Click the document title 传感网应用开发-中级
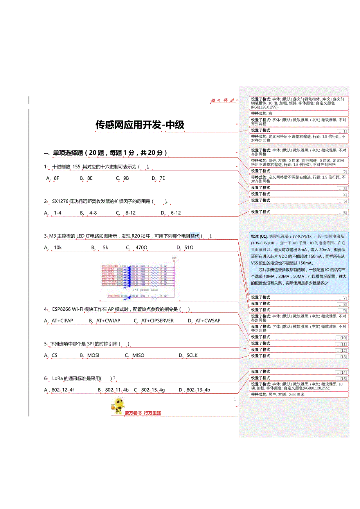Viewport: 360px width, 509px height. click(140, 125)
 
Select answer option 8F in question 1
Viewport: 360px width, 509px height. click(56, 178)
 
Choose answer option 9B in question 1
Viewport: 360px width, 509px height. click(126, 178)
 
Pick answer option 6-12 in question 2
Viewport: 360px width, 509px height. click(176, 213)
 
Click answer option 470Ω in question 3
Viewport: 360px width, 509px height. click(141, 247)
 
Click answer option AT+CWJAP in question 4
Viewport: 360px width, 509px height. click(108, 321)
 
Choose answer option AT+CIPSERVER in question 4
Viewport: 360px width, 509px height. click(157, 321)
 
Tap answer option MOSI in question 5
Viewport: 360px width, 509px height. click(93, 355)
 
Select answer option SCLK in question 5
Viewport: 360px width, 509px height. click(192, 355)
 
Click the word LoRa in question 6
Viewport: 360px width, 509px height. click(58, 378)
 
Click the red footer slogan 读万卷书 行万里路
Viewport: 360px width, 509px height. click(142, 413)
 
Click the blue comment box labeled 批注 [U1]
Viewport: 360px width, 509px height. click(299, 262)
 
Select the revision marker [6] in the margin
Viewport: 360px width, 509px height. click(342, 213)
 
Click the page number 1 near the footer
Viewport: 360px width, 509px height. click(235, 399)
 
